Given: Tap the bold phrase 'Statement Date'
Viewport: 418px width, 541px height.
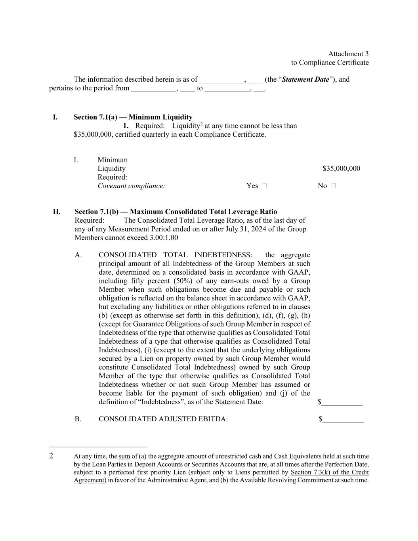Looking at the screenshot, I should (x=305, y=79).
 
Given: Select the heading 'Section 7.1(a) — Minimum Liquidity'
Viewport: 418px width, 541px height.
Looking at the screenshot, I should (x=133, y=117).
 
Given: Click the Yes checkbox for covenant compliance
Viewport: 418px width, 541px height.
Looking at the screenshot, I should (x=265, y=186).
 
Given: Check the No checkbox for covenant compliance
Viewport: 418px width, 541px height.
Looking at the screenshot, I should (x=334, y=186).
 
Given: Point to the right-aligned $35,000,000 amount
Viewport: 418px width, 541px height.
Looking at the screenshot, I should (x=341, y=168).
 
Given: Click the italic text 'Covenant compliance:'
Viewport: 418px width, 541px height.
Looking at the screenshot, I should (x=131, y=186).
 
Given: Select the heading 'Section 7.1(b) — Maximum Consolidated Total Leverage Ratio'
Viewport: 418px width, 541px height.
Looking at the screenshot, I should (x=176, y=212).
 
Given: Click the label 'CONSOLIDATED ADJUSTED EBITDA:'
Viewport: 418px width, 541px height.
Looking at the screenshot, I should (x=163, y=419).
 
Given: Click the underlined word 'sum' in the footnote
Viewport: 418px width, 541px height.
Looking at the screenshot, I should (x=124, y=457).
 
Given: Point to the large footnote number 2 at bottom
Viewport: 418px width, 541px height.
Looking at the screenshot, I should (x=51, y=456).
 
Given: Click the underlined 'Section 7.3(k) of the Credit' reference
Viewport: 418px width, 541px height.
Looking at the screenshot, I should (x=329, y=472).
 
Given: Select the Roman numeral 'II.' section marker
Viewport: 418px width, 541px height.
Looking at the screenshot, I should (x=57, y=212).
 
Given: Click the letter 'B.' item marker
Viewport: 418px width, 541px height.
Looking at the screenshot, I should (x=78, y=419).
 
